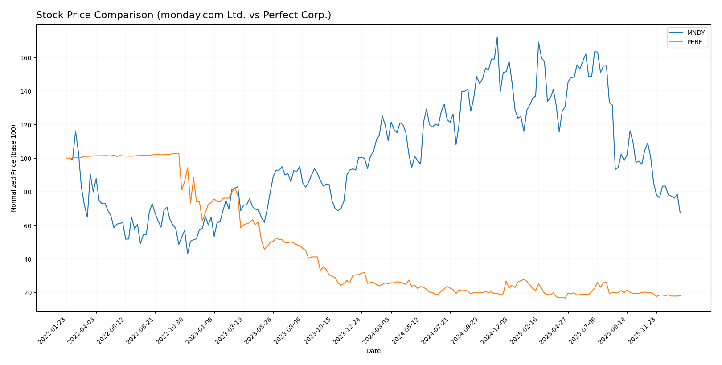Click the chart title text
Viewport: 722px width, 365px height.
coord(183,15)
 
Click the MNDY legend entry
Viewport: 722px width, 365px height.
coord(695,33)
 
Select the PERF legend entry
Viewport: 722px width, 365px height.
coord(694,42)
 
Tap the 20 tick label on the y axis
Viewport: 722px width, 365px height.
coord(29,293)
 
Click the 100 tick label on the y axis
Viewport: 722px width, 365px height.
coord(28,159)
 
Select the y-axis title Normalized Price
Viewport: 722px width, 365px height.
coord(14,168)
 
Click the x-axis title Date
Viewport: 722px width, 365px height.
coord(373,351)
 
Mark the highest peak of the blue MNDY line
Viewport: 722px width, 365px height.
coord(497,37)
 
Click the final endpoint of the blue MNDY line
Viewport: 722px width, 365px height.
coord(680,213)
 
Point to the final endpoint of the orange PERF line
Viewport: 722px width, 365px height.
coord(680,296)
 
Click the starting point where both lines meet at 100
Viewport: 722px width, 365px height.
coord(67,158)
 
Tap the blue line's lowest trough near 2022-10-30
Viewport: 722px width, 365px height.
coord(188,254)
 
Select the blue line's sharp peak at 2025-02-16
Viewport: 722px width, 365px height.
coord(538,42)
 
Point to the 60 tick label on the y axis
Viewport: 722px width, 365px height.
coord(29,226)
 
